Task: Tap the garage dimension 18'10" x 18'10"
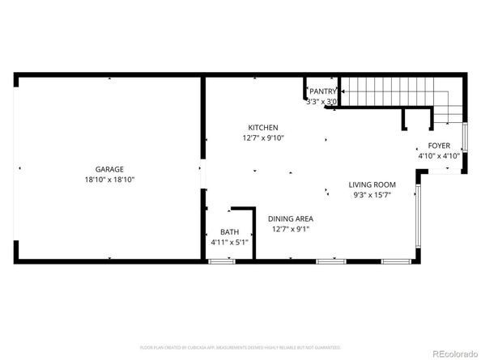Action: click(x=109, y=179)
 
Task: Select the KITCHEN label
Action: click(x=263, y=128)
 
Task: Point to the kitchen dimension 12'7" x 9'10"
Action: click(x=263, y=138)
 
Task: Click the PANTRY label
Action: click(x=322, y=92)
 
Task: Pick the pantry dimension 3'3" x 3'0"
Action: click(x=322, y=102)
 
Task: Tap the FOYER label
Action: click(x=439, y=146)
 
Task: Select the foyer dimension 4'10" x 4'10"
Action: click(x=439, y=156)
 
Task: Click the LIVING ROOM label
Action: click(x=372, y=184)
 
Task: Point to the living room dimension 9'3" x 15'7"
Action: click(x=372, y=194)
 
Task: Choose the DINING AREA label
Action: click(x=291, y=218)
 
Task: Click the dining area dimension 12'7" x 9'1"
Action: click(x=291, y=229)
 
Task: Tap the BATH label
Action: click(x=229, y=232)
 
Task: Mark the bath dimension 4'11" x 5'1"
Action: click(x=229, y=242)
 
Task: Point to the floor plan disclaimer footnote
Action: click(x=240, y=347)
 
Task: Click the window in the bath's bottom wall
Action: click(x=220, y=260)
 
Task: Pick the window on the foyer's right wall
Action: click(x=464, y=146)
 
